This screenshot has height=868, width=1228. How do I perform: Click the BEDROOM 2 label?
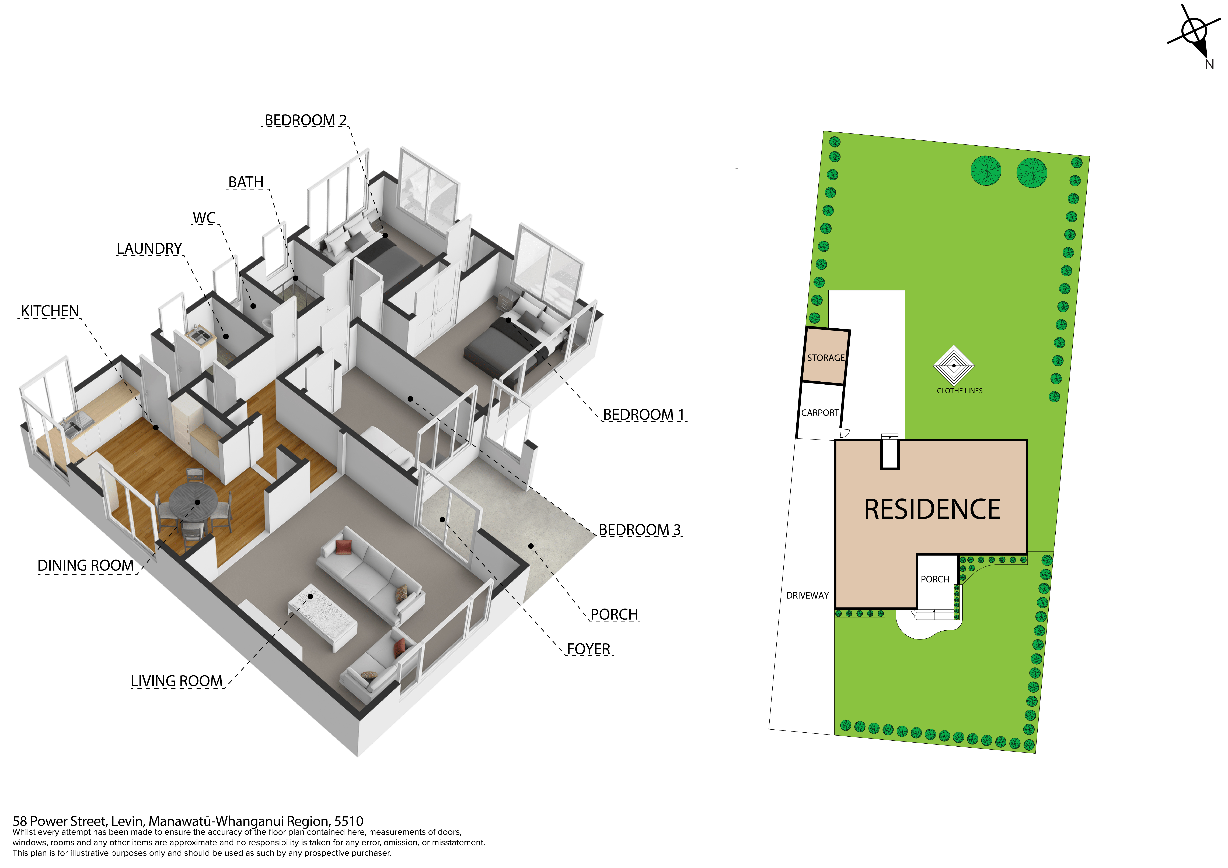[305, 120]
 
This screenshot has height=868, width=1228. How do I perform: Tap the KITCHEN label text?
[50, 311]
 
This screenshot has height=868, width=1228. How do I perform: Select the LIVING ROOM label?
[176, 681]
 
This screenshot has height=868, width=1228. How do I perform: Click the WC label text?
[204, 218]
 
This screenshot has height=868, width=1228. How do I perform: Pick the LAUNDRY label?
[149, 249]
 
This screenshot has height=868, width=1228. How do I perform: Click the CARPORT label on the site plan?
[820, 413]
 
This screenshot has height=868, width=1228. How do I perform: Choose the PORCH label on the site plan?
[935, 579]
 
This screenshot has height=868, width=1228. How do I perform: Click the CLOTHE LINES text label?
[960, 391]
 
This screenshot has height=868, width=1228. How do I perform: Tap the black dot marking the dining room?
[197, 502]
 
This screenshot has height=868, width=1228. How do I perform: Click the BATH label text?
[246, 182]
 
